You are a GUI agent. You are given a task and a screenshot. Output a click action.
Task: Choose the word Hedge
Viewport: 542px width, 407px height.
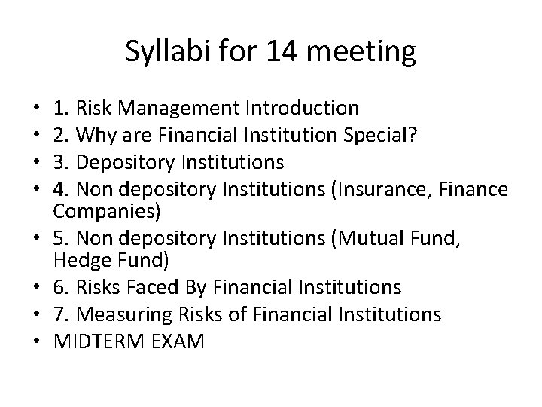tap(78, 260)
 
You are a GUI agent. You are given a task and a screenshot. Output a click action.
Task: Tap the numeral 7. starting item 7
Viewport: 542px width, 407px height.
tap(62, 314)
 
